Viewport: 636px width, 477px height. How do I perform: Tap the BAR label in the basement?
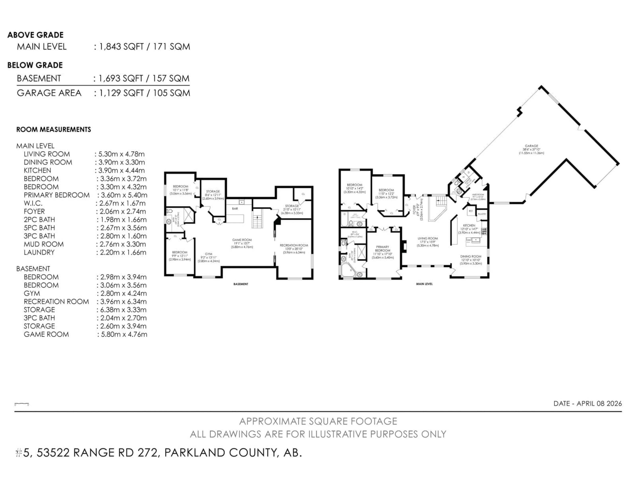pyautogui.click(x=235, y=209)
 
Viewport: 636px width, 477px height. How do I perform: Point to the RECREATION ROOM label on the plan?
pyautogui.click(x=294, y=245)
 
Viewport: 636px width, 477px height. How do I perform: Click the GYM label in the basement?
pyautogui.click(x=209, y=254)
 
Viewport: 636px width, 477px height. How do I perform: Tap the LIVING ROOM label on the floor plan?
pyautogui.click(x=427, y=238)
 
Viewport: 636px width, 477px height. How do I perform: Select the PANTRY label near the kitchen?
pyautogui.click(x=482, y=214)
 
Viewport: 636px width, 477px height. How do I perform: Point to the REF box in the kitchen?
pyautogui.click(x=471, y=211)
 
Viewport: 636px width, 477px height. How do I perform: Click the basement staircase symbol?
pyautogui.click(x=257, y=218)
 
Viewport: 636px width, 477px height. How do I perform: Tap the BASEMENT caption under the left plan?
pyautogui.click(x=241, y=284)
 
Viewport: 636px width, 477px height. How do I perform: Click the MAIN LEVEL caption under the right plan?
pyautogui.click(x=424, y=284)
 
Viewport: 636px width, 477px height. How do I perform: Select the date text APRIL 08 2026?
pyautogui.click(x=599, y=403)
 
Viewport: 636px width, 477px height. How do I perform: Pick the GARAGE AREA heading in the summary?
pyautogui.click(x=49, y=93)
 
